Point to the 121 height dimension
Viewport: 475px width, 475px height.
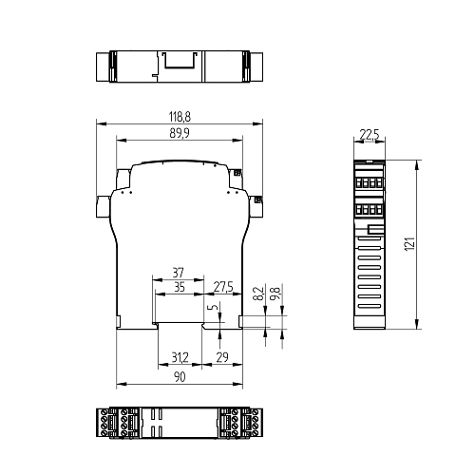[409, 244]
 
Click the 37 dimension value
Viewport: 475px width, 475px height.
[178, 272]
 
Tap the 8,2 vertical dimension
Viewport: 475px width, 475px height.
[258, 294]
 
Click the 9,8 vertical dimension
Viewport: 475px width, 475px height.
[275, 294]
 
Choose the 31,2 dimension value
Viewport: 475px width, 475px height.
[178, 358]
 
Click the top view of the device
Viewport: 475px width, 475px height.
[179, 67]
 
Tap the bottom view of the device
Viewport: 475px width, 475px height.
[179, 423]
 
